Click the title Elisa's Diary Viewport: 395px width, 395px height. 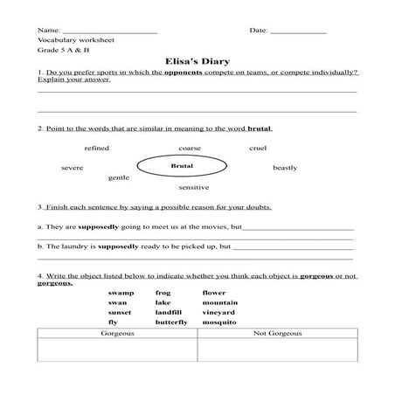tap(197, 62)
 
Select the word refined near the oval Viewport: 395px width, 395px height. tap(97, 149)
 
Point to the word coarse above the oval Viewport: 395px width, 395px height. tap(190, 149)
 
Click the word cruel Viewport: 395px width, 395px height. tap(258, 149)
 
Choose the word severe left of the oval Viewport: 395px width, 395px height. tap(72, 167)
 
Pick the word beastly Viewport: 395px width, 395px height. tap(285, 167)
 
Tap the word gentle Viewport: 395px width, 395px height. tap(119, 177)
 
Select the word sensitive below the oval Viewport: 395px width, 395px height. tap(193, 188)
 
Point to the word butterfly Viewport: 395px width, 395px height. tap(171, 322)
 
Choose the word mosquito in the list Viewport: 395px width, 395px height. tap(219, 322)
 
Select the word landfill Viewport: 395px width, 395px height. tap(169, 312)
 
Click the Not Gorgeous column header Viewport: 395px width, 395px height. tap(277, 334)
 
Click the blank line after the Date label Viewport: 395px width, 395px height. tap(298, 31)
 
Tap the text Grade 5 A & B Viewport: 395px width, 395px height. tap(64, 51)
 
